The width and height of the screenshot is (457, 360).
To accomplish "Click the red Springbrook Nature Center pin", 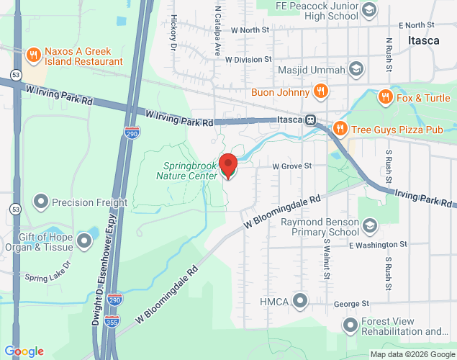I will [228, 166].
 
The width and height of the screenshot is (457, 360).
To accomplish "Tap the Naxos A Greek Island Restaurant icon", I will [32, 55].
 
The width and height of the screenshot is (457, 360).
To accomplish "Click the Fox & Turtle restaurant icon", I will [385, 97].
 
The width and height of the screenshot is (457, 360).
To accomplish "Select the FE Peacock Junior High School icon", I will [369, 9].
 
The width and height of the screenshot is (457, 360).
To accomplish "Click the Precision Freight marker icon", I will [41, 202].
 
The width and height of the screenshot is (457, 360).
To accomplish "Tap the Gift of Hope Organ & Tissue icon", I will [83, 242].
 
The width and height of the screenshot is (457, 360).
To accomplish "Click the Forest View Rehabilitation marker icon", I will [350, 325].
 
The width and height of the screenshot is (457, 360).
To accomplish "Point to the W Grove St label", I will [291, 166].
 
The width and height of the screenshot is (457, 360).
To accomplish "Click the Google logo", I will [26, 351].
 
